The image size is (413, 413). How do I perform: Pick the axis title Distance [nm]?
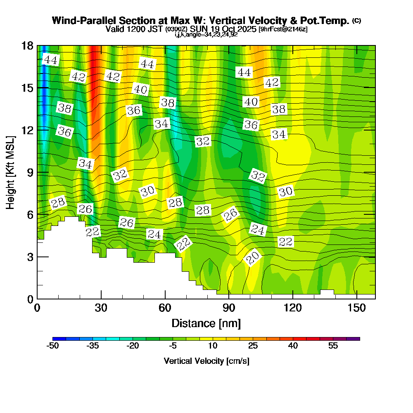point(206,323)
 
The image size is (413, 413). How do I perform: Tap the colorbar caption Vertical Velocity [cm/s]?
point(206,361)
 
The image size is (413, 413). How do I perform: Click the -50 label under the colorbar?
point(53,346)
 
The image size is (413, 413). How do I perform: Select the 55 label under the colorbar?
point(333,346)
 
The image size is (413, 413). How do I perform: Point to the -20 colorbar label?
point(133,346)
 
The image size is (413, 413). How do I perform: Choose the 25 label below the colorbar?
point(253,346)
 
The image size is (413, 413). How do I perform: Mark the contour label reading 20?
point(252,258)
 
